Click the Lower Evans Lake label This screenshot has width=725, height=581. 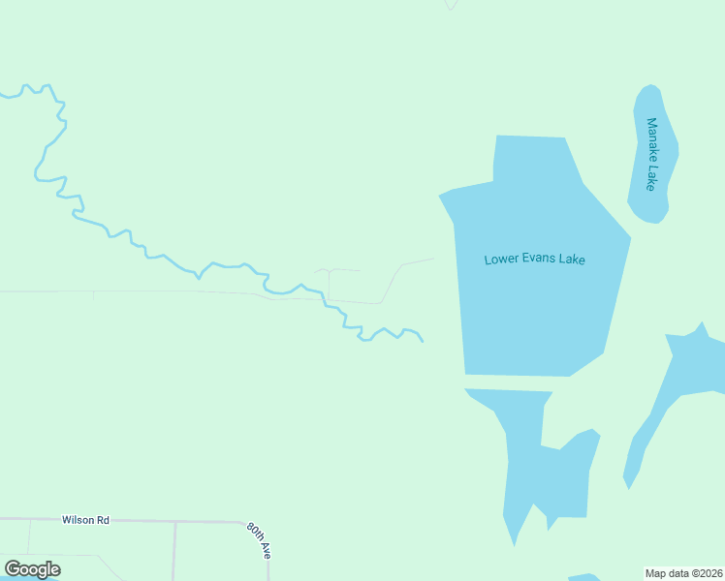click(535, 260)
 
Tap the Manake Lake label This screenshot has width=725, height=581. click(652, 154)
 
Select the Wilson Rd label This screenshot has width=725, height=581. click(85, 520)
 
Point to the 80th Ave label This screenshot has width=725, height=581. click(259, 540)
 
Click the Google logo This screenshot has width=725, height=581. click(32, 569)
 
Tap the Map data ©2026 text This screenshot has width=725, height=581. click(683, 572)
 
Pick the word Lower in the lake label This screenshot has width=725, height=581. click(502, 260)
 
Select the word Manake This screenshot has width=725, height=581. click(652, 139)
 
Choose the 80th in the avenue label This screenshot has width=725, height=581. click(254, 533)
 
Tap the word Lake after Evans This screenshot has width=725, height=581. click(573, 260)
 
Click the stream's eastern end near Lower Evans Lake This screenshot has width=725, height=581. click(422, 341)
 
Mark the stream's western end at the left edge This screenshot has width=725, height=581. click(3, 96)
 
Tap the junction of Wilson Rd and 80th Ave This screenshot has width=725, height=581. click(242, 522)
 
